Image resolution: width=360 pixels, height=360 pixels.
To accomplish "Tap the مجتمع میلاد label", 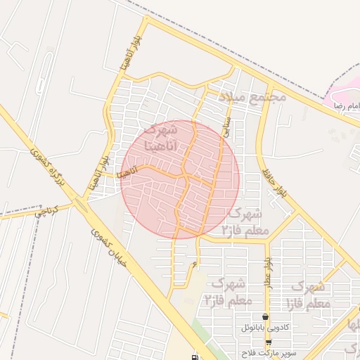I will tap(252, 96).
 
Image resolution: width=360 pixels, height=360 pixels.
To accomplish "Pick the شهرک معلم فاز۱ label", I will tap(308, 295).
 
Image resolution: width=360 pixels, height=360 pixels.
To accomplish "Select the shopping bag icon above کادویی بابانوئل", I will tap(265, 316).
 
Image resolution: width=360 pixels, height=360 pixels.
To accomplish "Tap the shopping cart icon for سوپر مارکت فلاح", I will tap(268, 342).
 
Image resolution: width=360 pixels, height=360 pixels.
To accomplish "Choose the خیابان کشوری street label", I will tap(112, 250).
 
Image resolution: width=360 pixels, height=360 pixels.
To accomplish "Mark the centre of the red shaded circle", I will tap(181, 179).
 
